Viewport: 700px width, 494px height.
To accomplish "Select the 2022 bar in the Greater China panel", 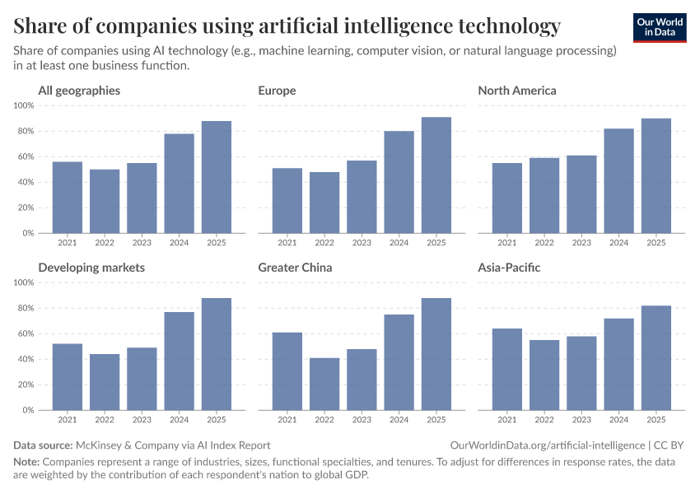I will point(324,384).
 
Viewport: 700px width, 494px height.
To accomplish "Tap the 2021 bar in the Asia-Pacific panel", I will point(506,369).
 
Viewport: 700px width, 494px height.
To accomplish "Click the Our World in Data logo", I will point(660,27).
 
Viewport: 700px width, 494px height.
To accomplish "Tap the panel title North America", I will point(517,91).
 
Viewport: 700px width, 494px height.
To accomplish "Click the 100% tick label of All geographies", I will point(24,105).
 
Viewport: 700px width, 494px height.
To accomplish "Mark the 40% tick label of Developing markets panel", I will point(25,359).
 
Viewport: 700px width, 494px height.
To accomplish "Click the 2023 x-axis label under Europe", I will point(362,243).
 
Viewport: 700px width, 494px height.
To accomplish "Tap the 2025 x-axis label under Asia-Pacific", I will point(656,420).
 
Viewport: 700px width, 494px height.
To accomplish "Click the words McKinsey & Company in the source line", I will point(125,445).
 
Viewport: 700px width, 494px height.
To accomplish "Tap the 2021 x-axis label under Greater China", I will point(287,420).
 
